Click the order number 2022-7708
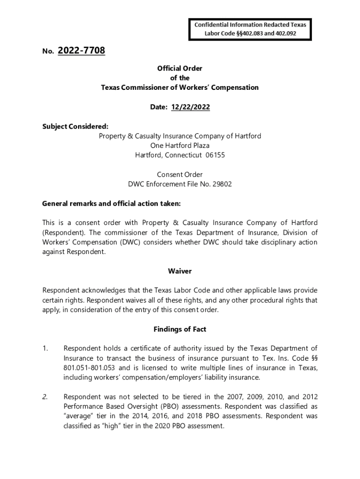[x=81, y=51]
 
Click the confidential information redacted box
[x=250, y=29]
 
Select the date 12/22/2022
[x=190, y=107]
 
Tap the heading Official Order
[x=180, y=68]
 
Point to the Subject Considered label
[x=75, y=126]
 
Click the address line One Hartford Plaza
[x=180, y=145]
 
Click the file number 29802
[x=222, y=184]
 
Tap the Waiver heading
[x=180, y=271]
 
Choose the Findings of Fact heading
[x=180, y=329]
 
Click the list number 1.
[x=45, y=348]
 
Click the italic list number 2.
[x=45, y=397]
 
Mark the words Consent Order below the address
[x=180, y=174]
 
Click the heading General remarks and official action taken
[x=111, y=203]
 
